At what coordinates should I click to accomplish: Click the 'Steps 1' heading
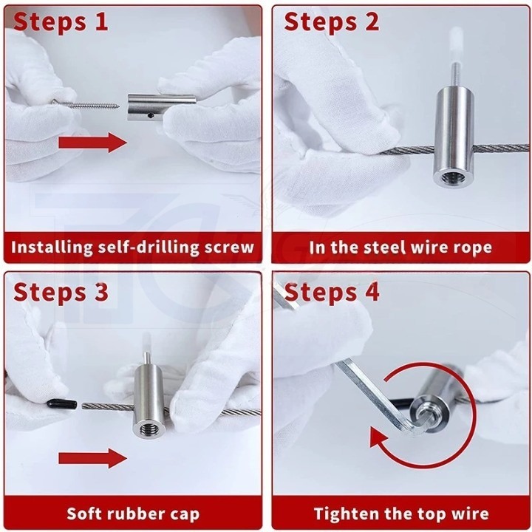click(x=61, y=21)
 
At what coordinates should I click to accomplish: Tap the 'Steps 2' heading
click(x=332, y=21)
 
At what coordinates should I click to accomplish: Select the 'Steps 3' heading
click(x=61, y=291)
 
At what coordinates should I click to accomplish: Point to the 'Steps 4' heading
click(x=332, y=291)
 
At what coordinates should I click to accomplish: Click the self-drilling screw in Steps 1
click(x=86, y=104)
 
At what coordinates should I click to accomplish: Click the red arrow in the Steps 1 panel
click(x=92, y=143)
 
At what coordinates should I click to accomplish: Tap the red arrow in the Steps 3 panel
click(x=92, y=458)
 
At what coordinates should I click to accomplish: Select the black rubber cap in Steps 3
click(x=62, y=404)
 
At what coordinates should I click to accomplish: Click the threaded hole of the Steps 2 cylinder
click(x=451, y=178)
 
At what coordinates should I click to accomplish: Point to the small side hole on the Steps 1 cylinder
click(x=151, y=117)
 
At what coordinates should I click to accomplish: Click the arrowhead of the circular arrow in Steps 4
click(x=379, y=438)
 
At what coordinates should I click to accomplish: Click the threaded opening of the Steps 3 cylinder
click(x=149, y=430)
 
